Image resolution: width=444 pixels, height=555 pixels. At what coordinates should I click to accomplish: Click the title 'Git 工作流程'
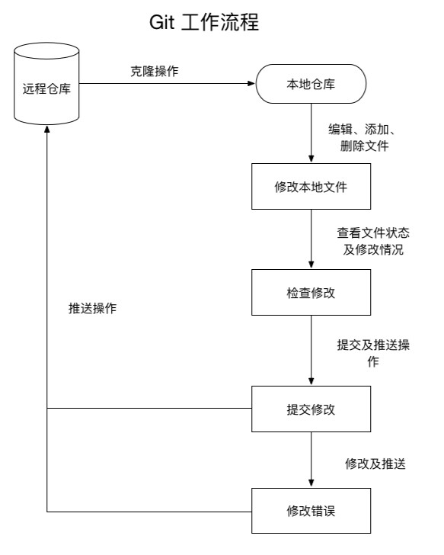point(206,23)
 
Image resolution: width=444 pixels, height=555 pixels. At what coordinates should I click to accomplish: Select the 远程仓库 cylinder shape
point(47,85)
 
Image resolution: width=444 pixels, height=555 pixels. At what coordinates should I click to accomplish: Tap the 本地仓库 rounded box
point(311,84)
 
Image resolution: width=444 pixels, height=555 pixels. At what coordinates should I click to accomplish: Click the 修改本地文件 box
point(311,187)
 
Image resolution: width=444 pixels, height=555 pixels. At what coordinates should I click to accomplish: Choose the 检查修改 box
point(311,292)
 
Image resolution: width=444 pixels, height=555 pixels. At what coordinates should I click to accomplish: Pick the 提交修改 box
point(311,409)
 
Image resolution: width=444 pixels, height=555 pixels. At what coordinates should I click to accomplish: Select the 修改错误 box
point(311,510)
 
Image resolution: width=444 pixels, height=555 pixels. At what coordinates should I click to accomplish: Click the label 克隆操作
point(155,71)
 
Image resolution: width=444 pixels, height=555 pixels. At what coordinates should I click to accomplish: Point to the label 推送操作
point(92,309)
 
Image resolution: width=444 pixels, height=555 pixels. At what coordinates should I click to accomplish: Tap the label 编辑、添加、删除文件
point(359,136)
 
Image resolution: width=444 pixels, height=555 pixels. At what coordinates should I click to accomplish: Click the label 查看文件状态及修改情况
point(370,240)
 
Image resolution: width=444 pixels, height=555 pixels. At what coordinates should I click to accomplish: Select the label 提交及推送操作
point(373,353)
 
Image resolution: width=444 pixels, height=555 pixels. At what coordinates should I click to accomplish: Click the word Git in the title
point(163,23)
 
